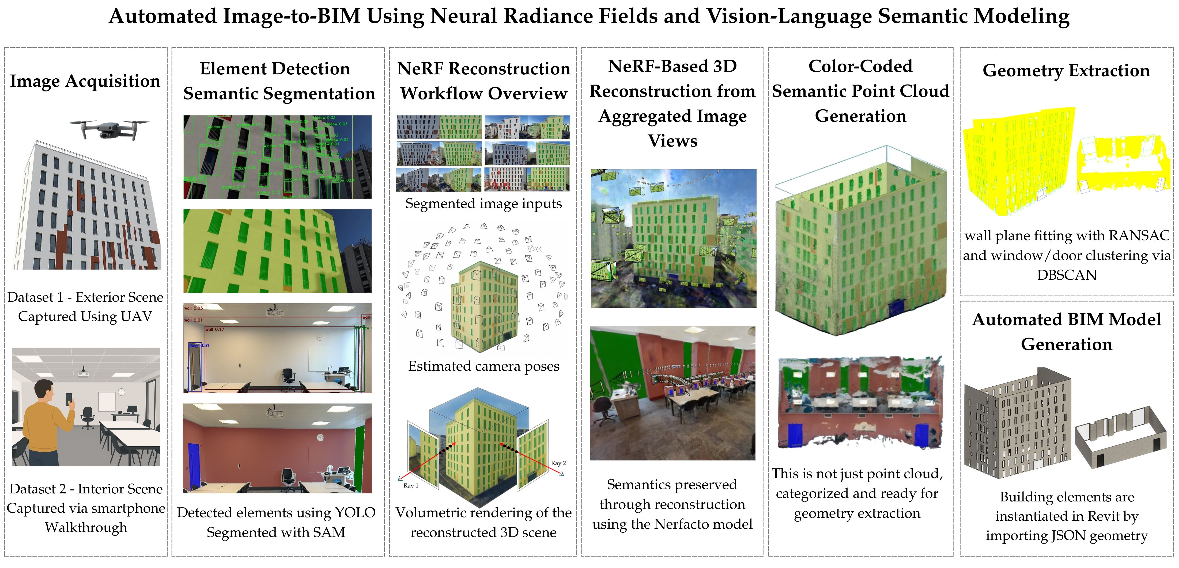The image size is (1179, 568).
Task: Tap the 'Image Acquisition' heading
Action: coord(85,81)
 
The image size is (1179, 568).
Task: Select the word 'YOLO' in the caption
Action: coord(355,513)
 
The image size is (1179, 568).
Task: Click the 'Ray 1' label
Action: coord(411,486)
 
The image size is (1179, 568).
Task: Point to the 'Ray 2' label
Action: coord(558,463)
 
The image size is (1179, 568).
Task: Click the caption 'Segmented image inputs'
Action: coord(483,204)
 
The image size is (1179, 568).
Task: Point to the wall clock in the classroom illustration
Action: coord(121,392)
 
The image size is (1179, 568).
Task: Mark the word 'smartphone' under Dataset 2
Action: coord(133,508)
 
